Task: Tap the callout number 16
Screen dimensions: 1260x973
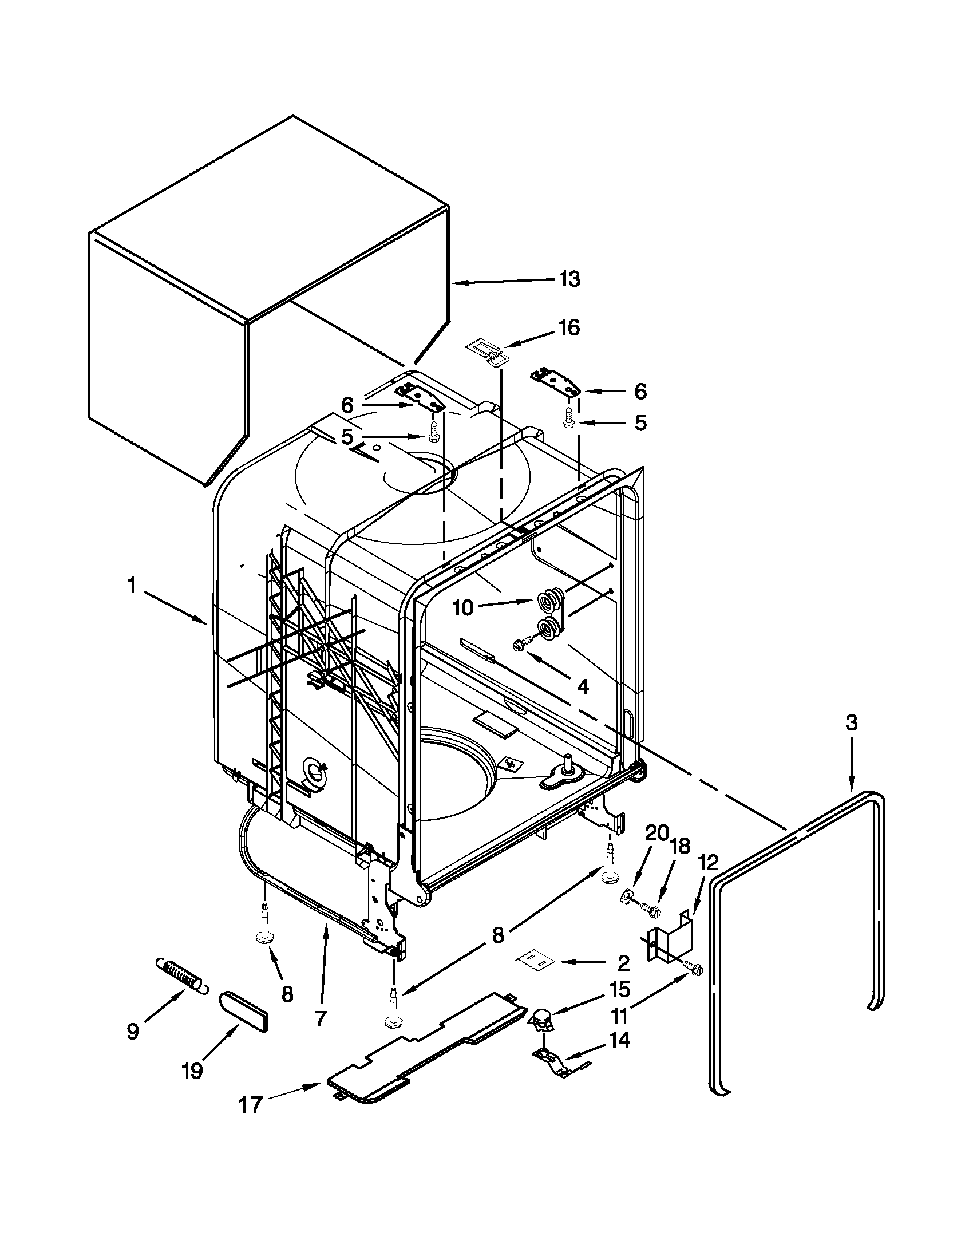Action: click(569, 327)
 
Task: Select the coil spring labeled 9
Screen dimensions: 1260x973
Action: click(180, 975)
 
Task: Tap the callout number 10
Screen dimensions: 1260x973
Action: click(463, 607)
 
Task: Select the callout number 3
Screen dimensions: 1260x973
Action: click(851, 723)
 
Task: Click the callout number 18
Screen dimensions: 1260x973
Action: click(680, 846)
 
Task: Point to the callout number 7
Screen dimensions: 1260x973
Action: click(321, 1020)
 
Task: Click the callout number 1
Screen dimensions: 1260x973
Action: click(132, 586)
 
